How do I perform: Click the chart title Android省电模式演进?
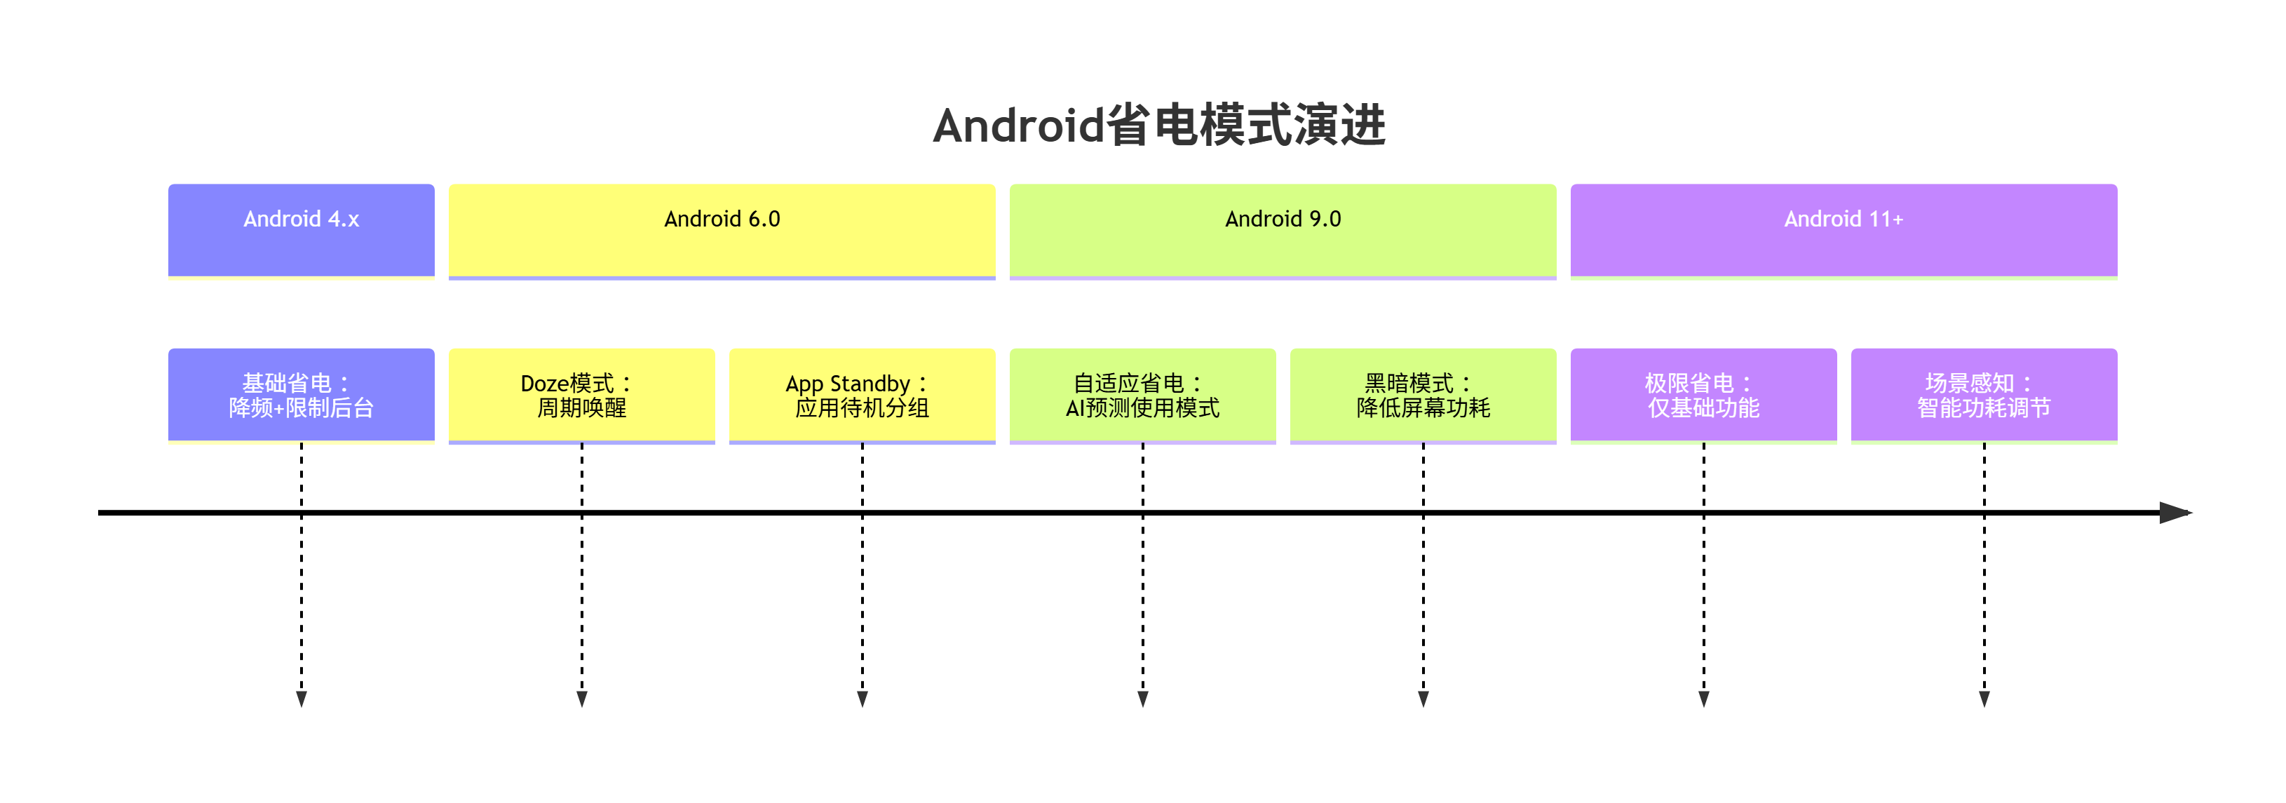pos(1159,125)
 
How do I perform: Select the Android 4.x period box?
pos(301,230)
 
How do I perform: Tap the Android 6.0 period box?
pos(722,230)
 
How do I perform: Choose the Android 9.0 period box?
pos(1283,230)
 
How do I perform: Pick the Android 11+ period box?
pos(1844,230)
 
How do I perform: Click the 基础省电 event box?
pos(301,395)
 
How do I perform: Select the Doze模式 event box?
pos(581,395)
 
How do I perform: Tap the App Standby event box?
pos(862,395)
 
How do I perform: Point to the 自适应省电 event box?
pos(1142,395)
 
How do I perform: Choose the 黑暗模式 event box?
pos(1423,395)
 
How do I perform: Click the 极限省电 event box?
pos(1703,395)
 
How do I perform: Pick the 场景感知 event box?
pos(1983,395)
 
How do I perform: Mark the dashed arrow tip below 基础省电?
pos(302,699)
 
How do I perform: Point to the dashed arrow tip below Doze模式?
pos(582,699)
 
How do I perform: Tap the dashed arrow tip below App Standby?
pos(863,699)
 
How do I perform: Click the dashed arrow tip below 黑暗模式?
pos(1423,699)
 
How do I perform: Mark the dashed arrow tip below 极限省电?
pos(1704,699)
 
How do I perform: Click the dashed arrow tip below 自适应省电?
pos(1143,699)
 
